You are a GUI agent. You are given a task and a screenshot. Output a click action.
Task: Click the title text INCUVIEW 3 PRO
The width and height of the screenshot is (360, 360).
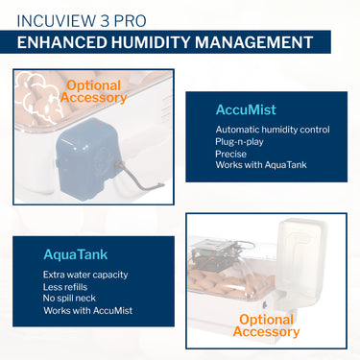pos(82,21)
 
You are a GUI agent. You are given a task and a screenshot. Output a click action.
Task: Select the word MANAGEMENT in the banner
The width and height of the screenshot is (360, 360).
pos(253,42)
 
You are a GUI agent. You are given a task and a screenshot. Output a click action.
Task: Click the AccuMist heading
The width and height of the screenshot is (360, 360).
pos(246,109)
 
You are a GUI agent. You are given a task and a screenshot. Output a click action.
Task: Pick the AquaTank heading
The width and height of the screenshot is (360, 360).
pos(76,254)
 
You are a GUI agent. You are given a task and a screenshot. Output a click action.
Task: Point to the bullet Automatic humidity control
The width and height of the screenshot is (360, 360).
pos(273,130)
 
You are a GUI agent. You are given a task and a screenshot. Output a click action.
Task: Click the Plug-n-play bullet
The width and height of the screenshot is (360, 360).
pos(239,142)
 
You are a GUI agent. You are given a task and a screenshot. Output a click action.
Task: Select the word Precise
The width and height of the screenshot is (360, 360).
pos(230,154)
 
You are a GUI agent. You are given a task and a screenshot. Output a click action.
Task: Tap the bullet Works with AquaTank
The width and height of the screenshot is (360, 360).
pos(261,165)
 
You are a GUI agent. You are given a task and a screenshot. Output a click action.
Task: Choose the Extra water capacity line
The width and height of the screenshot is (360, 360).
pos(85,275)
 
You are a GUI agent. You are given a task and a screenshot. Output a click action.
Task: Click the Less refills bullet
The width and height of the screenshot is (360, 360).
pos(65,287)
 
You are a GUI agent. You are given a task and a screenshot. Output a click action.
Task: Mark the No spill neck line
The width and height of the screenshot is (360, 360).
pos(69,299)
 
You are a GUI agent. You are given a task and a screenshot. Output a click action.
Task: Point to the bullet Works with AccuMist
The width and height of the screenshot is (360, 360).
pos(88,310)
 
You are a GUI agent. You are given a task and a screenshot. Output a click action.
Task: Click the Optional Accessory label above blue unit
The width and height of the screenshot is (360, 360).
pos(93,91)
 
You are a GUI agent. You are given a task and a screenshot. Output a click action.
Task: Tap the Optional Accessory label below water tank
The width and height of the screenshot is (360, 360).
pos(266,325)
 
